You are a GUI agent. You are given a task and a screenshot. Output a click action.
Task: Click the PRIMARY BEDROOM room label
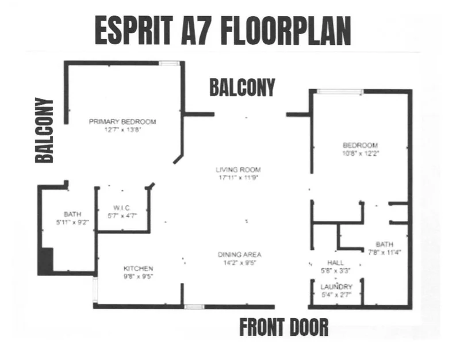(122, 121)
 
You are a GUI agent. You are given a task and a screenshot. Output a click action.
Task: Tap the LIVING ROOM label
(238, 170)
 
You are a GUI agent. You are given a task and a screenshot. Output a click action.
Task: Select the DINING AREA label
(239, 254)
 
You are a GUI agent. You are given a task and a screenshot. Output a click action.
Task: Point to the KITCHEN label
(138, 269)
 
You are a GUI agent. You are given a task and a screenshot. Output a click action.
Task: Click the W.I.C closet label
(122, 208)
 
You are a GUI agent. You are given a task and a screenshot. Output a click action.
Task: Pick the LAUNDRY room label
(336, 286)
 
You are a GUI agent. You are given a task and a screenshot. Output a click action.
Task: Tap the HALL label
(335, 263)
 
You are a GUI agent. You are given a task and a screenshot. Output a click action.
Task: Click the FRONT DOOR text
(284, 327)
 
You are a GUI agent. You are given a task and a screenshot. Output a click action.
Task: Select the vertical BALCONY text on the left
(44, 131)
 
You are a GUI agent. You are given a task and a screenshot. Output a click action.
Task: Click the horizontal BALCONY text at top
(242, 87)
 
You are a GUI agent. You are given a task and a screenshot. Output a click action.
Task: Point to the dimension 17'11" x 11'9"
(238, 178)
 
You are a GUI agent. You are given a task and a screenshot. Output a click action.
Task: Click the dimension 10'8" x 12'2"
(361, 153)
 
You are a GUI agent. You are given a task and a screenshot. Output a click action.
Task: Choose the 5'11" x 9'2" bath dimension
(72, 222)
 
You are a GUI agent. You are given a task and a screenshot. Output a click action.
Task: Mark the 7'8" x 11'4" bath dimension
(385, 252)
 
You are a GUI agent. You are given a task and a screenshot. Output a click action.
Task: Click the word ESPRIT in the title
(134, 30)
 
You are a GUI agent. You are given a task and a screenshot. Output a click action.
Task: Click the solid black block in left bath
(46, 261)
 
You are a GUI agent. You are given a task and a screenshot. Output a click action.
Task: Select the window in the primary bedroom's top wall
(169, 63)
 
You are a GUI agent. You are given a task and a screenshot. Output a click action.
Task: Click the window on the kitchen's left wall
(95, 290)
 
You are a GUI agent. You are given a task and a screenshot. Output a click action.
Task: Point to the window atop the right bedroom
(340, 91)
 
